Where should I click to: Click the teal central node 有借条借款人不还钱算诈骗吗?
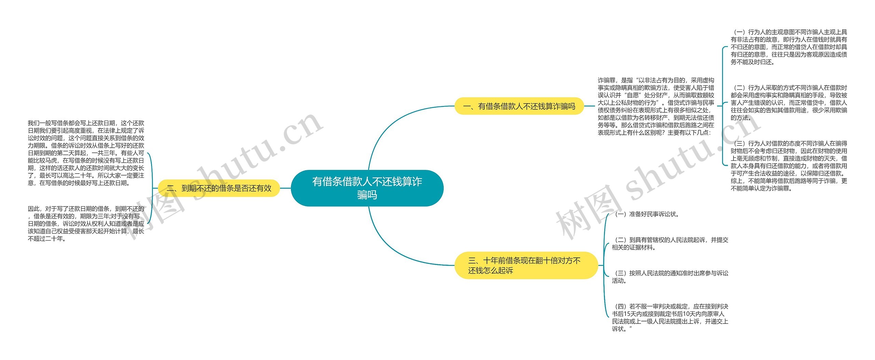point(367,188)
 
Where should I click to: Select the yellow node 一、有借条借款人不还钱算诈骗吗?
point(519,106)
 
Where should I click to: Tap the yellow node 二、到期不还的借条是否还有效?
point(219,188)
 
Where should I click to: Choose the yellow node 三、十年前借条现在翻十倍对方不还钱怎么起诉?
point(526,266)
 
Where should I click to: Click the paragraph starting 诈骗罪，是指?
point(656,106)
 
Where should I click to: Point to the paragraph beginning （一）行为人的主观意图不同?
point(789,47)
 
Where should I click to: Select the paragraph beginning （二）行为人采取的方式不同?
point(789,103)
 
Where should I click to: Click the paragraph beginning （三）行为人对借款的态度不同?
point(789,166)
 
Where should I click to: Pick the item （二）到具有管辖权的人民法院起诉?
point(670,244)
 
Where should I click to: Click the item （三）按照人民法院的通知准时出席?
point(670,277)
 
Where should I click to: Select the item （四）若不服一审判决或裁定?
point(670,318)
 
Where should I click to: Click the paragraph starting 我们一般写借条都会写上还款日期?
point(86,153)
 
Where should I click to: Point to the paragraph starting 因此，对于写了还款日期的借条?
point(86,224)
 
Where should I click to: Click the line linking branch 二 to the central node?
point(285,188)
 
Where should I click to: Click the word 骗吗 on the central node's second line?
point(367,195)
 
